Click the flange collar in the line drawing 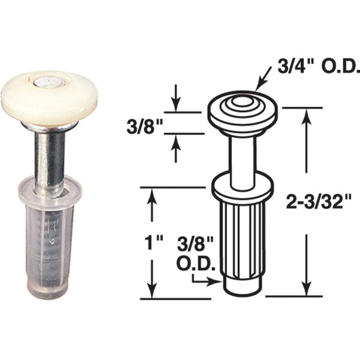[x=243, y=185]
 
